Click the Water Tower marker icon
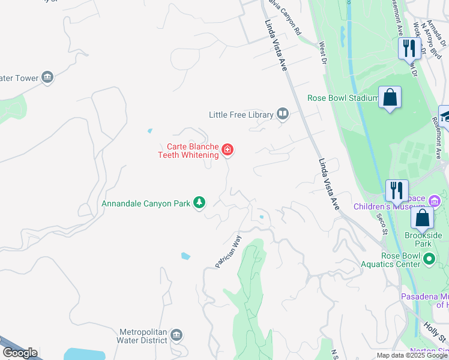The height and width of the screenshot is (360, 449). (47, 77)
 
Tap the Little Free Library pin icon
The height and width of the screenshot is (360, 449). (283, 114)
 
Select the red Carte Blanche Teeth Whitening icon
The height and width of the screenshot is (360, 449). (228, 149)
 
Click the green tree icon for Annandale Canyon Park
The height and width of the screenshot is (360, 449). (199, 203)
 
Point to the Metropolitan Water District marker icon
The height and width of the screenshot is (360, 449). (176, 335)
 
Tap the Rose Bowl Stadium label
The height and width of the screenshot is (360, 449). (342, 98)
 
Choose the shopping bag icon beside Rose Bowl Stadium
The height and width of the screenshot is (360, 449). (390, 98)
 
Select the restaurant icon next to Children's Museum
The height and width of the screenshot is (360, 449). (396, 190)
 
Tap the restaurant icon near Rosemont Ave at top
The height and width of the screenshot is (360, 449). (409, 48)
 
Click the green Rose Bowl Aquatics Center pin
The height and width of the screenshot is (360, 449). (429, 259)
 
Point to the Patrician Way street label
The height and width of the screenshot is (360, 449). (228, 251)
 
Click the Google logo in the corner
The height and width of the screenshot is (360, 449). (20, 353)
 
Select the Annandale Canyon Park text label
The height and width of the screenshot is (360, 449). (145, 203)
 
